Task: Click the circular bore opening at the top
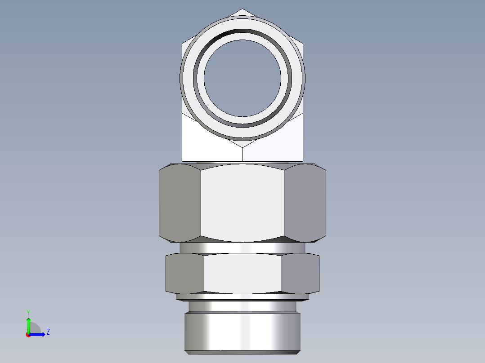pos(242,78)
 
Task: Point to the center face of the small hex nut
pos(242,273)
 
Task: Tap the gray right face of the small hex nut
pos(300,273)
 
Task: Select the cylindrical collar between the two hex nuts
pos(242,248)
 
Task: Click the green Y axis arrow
pos(28,323)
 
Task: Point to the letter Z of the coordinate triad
pos(48,332)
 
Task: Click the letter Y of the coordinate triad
pos(28,312)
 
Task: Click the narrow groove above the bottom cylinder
pos(242,307)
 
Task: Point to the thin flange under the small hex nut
pos(242,297)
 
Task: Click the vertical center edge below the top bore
pos(242,154)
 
